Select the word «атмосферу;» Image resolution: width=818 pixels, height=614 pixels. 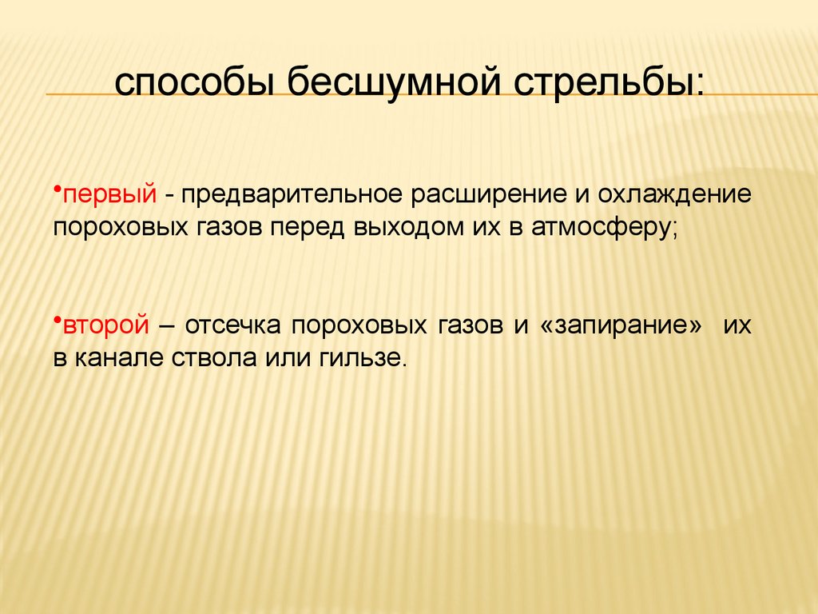click(604, 227)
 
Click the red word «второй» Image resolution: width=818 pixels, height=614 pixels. click(107, 326)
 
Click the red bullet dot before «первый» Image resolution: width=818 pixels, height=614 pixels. click(58, 188)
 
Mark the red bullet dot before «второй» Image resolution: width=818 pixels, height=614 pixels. click(58, 318)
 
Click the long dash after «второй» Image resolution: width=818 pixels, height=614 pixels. click(168, 326)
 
